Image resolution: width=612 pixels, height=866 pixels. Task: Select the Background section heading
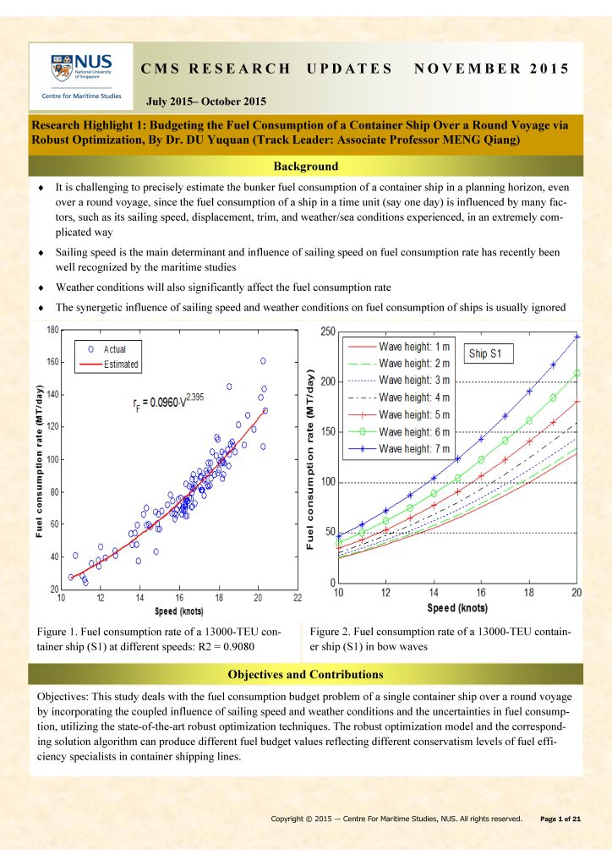[x=305, y=166]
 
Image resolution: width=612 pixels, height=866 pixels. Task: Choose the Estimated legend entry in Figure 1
[x=121, y=364]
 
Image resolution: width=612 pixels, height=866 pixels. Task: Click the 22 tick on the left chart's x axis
[x=298, y=598]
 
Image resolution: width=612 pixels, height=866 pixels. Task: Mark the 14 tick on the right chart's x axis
[x=434, y=594]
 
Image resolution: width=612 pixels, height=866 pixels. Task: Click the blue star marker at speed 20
[x=577, y=337]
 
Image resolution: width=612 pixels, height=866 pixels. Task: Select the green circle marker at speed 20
[x=577, y=373]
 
